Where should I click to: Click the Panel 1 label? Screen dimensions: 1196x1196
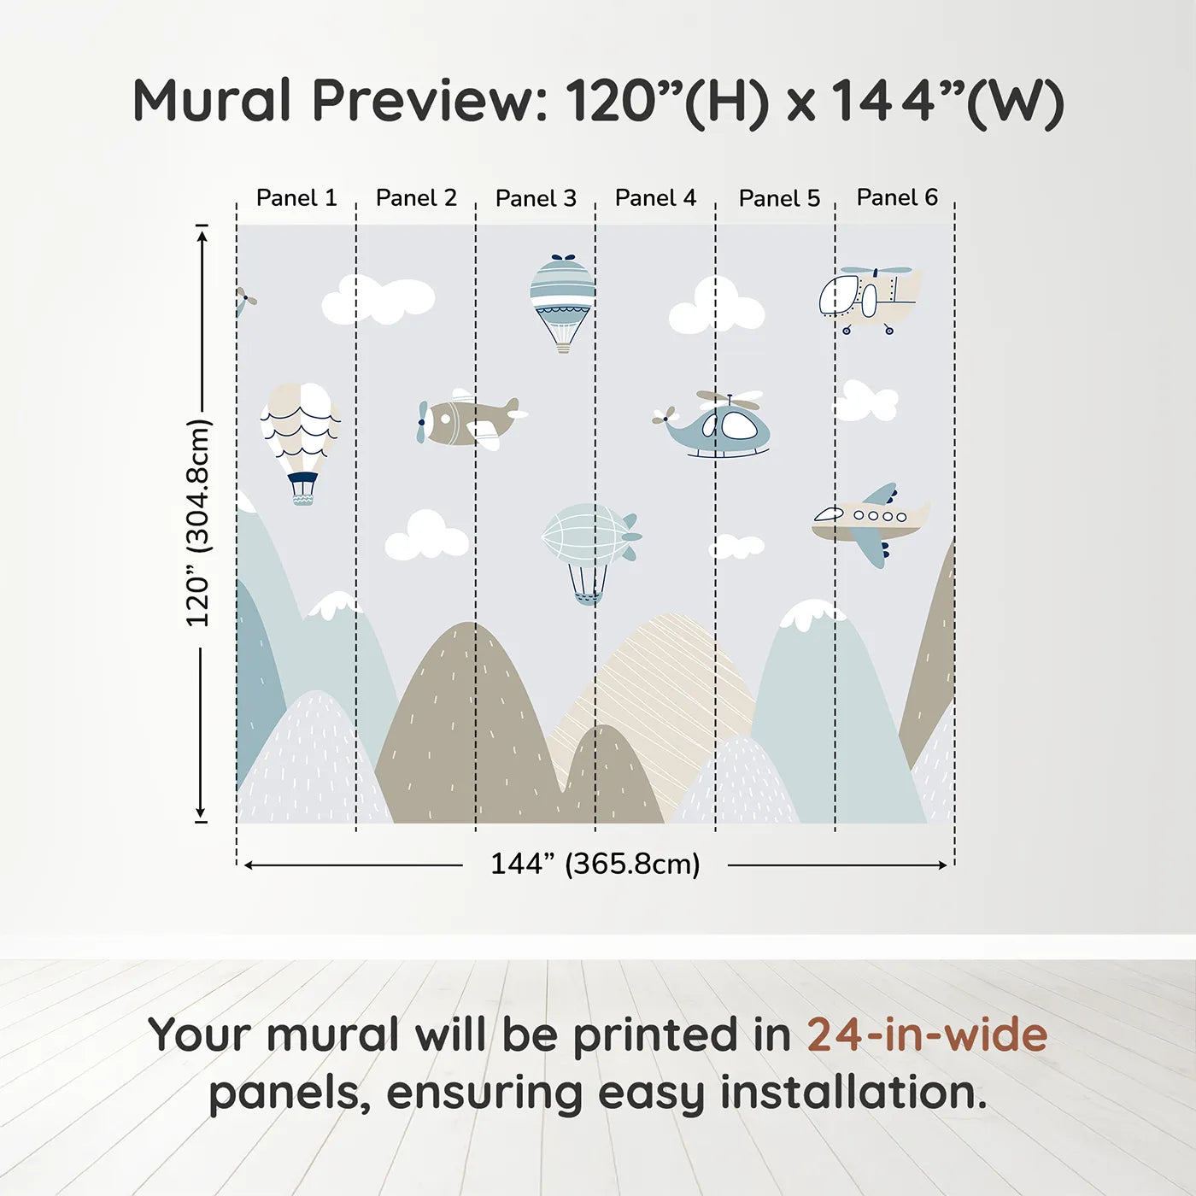click(x=296, y=198)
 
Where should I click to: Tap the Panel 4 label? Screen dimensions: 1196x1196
click(x=655, y=198)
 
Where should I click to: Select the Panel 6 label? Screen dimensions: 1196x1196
click(x=897, y=197)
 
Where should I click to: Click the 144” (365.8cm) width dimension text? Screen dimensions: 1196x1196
click(x=595, y=864)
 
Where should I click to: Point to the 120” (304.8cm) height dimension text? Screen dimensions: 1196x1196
click(x=197, y=523)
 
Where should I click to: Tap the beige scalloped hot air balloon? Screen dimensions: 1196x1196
click(x=300, y=431)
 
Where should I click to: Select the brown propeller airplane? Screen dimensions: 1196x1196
click(x=469, y=421)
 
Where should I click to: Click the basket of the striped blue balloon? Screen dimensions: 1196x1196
click(x=563, y=345)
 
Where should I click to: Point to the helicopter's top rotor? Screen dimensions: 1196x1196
click(x=729, y=399)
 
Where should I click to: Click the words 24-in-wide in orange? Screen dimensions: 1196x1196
click(x=927, y=1035)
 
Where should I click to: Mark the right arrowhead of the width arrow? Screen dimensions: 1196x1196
click(x=943, y=865)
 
